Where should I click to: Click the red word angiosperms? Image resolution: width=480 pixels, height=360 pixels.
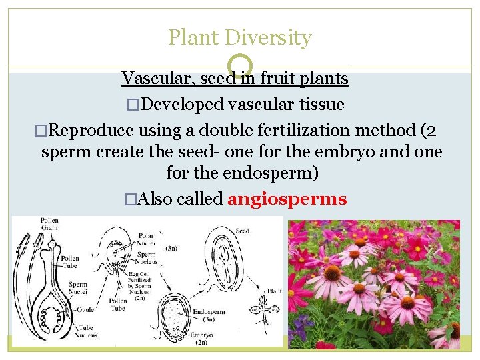click(x=287, y=199)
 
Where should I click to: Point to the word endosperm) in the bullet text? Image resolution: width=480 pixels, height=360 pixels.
click(x=269, y=174)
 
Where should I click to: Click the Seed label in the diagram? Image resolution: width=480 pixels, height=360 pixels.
click(x=242, y=231)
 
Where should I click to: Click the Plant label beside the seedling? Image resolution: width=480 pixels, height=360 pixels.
click(x=275, y=291)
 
